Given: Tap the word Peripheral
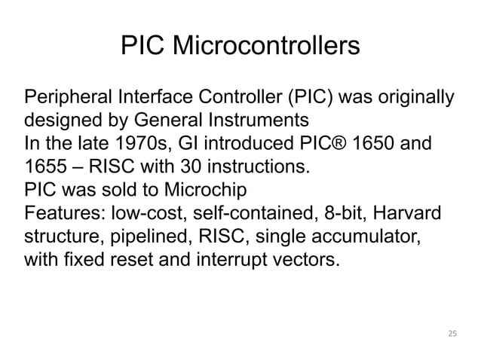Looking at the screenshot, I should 69,99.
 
